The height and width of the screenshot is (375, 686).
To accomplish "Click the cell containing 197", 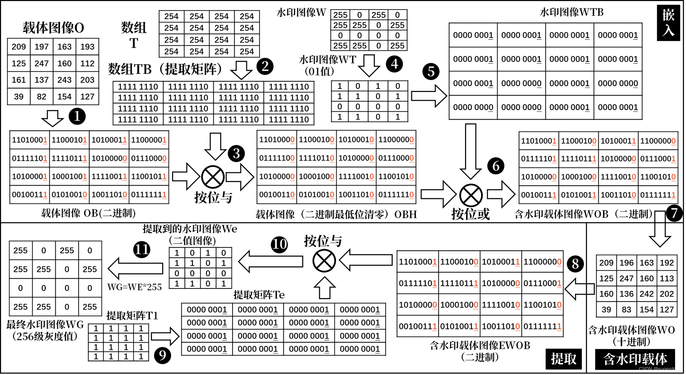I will [x=42, y=47].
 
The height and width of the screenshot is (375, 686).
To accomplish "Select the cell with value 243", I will [x=64, y=80].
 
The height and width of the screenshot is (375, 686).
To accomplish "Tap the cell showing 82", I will [x=42, y=97].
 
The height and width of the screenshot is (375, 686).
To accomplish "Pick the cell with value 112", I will [x=87, y=63].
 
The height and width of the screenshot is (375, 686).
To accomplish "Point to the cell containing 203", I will [x=87, y=80].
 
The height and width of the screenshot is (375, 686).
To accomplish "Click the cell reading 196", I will [x=626, y=263].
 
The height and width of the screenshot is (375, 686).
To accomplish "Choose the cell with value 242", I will [x=647, y=294].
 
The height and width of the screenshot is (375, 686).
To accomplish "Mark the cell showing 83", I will [x=626, y=309].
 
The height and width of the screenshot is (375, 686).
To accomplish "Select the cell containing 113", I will [x=667, y=278].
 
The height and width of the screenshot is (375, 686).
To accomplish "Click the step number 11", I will [x=142, y=249].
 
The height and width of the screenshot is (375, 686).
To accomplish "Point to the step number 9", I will [x=163, y=355].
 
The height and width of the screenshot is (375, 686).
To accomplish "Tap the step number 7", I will [x=674, y=213].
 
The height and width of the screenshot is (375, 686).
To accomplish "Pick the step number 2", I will [x=265, y=66].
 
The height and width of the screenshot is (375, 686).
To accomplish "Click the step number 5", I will [x=431, y=71].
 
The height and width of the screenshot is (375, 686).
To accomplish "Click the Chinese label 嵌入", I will [x=669, y=23].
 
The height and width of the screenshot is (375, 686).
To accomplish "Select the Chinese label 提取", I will [x=564, y=359].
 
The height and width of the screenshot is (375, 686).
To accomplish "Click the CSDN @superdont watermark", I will [x=659, y=369].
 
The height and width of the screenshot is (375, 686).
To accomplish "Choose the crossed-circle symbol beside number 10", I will [x=324, y=261].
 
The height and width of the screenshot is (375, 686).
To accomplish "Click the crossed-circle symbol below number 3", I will [x=213, y=177].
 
